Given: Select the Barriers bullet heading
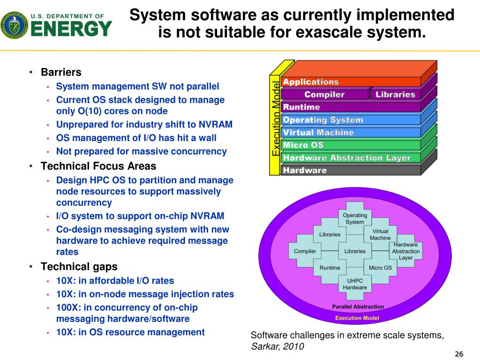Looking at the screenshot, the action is coord(61,73).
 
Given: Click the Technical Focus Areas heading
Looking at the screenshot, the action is coord(98,166).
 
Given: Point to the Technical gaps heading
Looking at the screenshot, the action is coord(79,267).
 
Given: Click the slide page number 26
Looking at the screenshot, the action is coord(459,353).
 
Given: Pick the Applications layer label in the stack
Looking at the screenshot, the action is coord(311,82).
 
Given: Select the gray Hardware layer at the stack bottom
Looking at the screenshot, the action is coord(305,170).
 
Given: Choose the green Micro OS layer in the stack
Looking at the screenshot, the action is coord(303,145).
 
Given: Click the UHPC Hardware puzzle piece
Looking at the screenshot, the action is coord(355,284).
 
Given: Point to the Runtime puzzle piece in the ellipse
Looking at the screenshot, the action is coord(330,268).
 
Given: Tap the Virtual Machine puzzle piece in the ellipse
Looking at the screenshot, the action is coord(380,234).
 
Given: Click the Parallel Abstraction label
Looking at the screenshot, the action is coord(358,307).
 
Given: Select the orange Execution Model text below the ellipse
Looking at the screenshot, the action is coord(357,318).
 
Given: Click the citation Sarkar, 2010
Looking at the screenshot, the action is coord(277,346).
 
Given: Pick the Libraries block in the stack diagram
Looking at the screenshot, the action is coord(395,94).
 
